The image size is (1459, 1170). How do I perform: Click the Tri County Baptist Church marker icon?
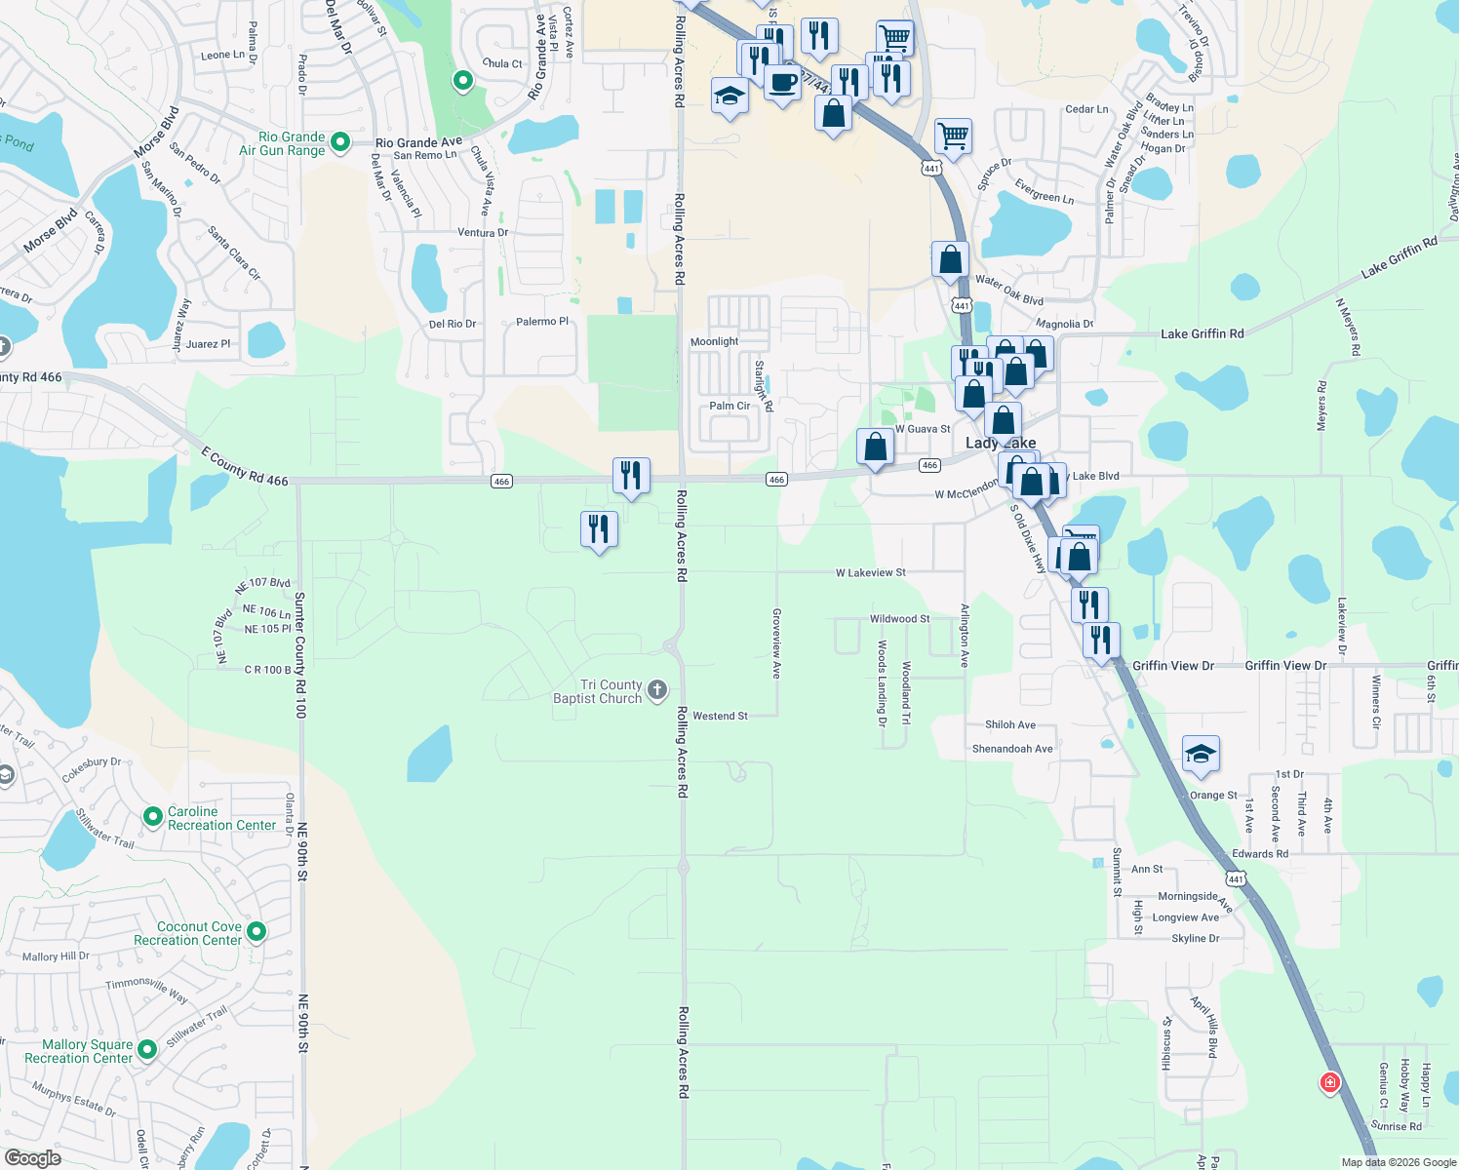[x=657, y=691]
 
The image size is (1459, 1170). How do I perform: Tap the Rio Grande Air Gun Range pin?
[x=340, y=142]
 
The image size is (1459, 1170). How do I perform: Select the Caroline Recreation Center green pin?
[x=152, y=817]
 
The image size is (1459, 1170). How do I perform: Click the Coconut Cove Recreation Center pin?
[x=256, y=932]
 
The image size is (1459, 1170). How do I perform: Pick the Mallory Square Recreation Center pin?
[x=147, y=1050]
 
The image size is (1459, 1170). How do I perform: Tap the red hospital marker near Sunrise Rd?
[x=1329, y=1082]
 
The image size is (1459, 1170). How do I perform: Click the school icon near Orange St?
[x=1201, y=754]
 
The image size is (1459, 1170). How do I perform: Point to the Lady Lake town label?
[x=1001, y=444]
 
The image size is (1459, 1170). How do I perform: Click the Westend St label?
[x=720, y=716]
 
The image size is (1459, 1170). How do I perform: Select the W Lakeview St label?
[x=870, y=572]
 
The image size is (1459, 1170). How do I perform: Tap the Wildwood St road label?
[x=899, y=619]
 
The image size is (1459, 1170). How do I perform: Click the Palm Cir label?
[x=729, y=406]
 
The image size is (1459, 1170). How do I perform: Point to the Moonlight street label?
[x=714, y=341]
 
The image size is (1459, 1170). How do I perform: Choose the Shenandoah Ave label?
[x=1012, y=749]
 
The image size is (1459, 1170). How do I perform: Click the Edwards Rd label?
[x=1259, y=854]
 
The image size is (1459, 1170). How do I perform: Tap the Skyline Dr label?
[x=1195, y=938]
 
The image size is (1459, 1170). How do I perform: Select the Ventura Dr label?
[x=483, y=233]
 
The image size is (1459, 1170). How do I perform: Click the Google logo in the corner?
[x=32, y=1158]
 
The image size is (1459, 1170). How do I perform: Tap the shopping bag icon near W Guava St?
[x=876, y=447]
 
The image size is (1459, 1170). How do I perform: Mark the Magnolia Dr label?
[x=1064, y=324]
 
